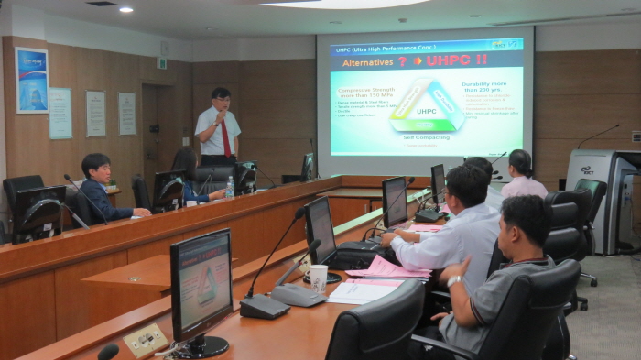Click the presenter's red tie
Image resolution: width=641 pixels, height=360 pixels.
click(x=225, y=137)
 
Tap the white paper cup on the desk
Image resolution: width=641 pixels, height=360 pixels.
click(x=318, y=277)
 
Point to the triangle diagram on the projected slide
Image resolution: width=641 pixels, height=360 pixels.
click(x=427, y=107)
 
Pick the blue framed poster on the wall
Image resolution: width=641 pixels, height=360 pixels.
click(x=32, y=80)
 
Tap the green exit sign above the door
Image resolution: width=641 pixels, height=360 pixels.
click(x=161, y=63)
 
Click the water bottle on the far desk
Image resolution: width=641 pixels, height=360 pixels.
click(x=230, y=187)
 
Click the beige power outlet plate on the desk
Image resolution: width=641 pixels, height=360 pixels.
click(x=146, y=340)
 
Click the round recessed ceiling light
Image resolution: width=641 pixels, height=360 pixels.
click(x=125, y=9)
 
